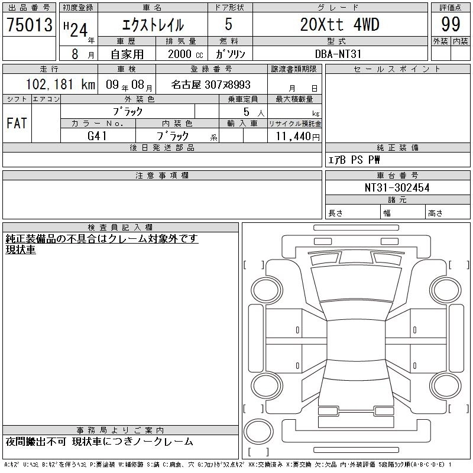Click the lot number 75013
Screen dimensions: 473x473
29,24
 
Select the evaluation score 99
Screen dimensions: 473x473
451,24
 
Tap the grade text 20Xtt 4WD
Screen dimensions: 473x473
339,24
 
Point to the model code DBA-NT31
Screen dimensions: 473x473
338,54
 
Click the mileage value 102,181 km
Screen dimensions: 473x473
60,84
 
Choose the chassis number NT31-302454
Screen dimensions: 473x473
397,187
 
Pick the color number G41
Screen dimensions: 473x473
97,136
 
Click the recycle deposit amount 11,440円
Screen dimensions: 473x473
297,137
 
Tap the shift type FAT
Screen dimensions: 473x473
17,123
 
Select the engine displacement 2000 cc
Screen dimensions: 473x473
185,54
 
